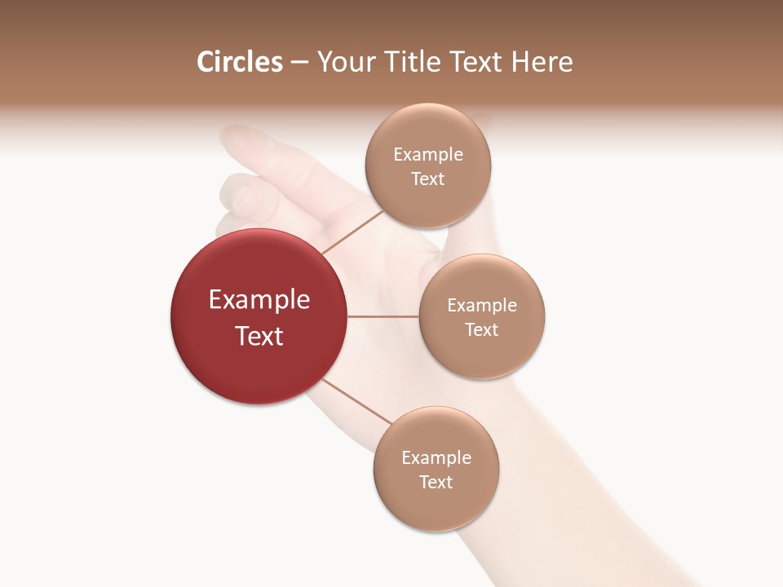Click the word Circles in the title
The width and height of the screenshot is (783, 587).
tap(239, 62)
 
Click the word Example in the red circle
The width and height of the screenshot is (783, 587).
tap(259, 300)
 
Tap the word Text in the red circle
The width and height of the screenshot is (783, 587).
tap(259, 336)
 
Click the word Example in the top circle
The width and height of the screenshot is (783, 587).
tap(427, 155)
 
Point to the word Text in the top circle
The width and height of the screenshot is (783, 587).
tap(427, 179)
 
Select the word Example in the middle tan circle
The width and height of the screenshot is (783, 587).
tap(481, 306)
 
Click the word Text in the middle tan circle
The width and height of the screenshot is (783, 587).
tap(481, 330)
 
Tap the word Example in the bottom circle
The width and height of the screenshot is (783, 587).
tap(436, 458)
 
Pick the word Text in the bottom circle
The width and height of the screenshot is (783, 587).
tap(436, 483)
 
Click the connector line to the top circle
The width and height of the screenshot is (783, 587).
tap(352, 232)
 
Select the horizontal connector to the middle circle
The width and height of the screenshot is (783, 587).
tap(383, 316)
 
